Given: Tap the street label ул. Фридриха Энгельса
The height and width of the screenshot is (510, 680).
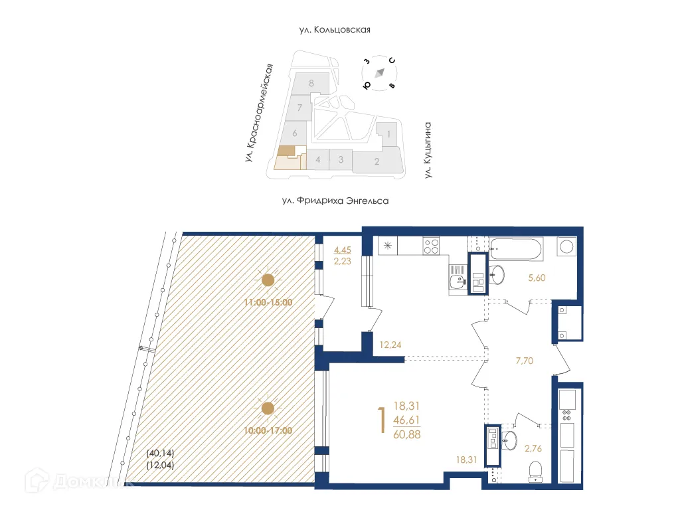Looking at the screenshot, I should coord(334,200).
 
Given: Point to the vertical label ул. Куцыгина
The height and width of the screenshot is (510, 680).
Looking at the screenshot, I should coord(428,150).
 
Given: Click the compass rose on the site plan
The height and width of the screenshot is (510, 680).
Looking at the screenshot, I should coord(379,73).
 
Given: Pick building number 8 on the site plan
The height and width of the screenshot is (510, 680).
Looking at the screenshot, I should coord(311,84).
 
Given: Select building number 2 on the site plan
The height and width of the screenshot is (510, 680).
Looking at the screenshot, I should coord(377,161).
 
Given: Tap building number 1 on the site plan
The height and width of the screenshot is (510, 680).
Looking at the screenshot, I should coord(388,133).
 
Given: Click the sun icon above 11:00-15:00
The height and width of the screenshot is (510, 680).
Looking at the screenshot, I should coord(268,280).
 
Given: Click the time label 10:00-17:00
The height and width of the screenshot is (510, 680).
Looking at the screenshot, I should coord(269,430).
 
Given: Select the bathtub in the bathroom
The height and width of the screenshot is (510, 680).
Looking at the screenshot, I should coord(518,250).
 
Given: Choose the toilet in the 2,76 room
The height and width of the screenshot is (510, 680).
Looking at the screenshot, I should coord(535,471).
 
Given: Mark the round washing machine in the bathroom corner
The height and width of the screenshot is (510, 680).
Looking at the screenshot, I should coord(568,246).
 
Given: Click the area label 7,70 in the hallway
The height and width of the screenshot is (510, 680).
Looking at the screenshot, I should coord(525,361).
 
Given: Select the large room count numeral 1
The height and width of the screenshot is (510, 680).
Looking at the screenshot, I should coord(381,421).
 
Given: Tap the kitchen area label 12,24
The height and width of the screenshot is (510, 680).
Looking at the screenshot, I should coord(391,345).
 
